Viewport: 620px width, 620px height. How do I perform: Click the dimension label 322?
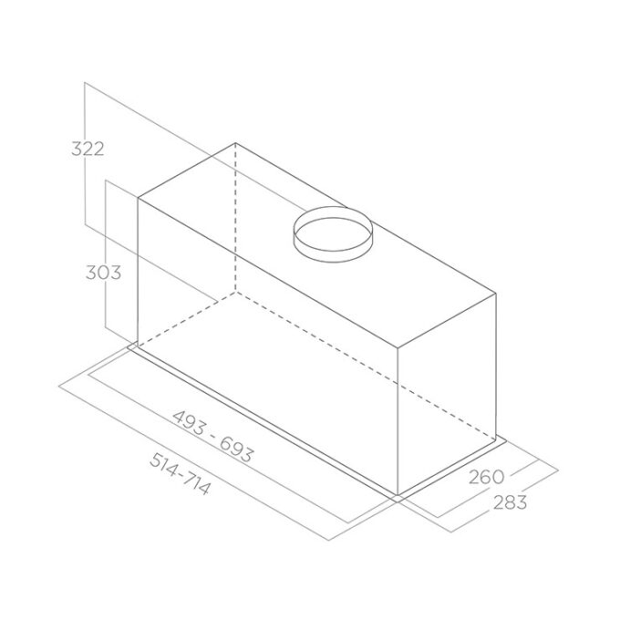point(88,149)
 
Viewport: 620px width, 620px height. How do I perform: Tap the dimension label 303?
point(104,273)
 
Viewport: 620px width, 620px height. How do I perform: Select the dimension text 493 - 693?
point(212,436)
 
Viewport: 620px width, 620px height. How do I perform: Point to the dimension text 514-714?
point(179,474)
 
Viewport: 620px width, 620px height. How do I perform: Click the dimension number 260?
point(486,477)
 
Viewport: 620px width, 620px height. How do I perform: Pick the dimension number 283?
point(510,502)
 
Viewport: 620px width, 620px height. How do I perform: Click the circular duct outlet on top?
point(333,234)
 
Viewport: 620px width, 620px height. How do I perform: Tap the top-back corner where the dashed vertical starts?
point(235,143)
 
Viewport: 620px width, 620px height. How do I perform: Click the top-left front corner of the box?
point(138,197)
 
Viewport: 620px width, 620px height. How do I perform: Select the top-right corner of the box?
point(496,294)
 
